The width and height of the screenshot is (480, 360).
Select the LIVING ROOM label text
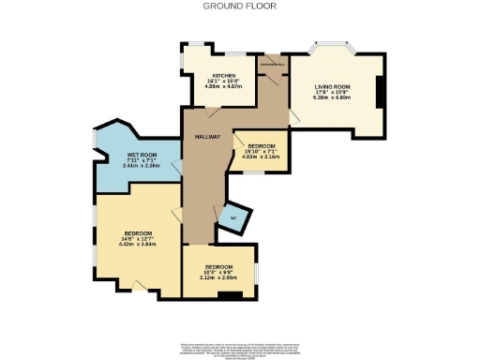click(x=332, y=87)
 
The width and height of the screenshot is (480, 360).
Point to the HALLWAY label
click(x=207, y=138)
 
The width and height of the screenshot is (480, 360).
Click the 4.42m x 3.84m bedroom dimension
click(x=137, y=243)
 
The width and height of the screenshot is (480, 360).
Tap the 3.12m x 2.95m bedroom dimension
click(x=217, y=277)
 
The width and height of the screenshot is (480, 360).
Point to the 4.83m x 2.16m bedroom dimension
click(x=261, y=157)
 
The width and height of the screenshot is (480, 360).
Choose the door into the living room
click(x=293, y=116)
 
